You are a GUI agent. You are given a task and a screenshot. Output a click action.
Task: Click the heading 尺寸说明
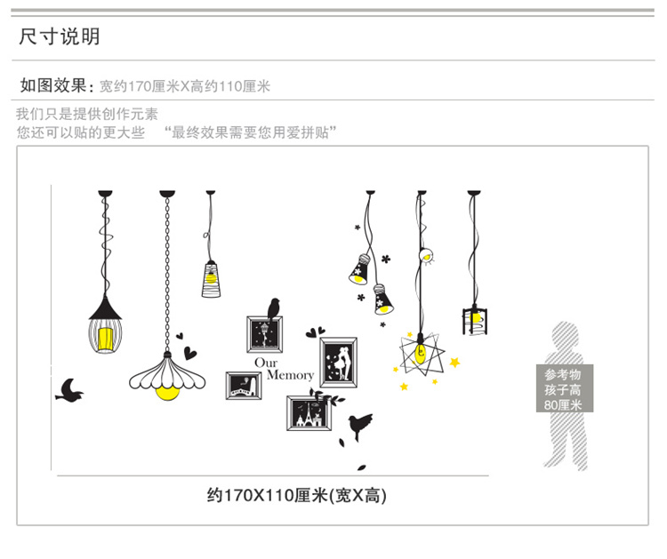coord(60,36)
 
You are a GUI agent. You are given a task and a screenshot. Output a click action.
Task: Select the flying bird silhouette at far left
coord(69,389)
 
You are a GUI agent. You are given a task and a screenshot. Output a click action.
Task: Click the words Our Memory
coord(284,369)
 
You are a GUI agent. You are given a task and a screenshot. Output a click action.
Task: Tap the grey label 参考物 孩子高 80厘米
coord(563,389)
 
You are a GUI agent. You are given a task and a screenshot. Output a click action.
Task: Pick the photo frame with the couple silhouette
coord(338,361)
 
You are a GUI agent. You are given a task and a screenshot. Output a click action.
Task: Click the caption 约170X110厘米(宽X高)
coord(297,495)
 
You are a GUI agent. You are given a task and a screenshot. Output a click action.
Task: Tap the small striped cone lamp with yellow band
coord(211,277)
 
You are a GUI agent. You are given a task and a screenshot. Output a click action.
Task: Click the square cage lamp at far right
coord(476,319)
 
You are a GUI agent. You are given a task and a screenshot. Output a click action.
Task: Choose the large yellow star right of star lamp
coord(455,362)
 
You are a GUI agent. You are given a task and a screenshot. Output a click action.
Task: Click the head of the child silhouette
coord(566,338)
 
